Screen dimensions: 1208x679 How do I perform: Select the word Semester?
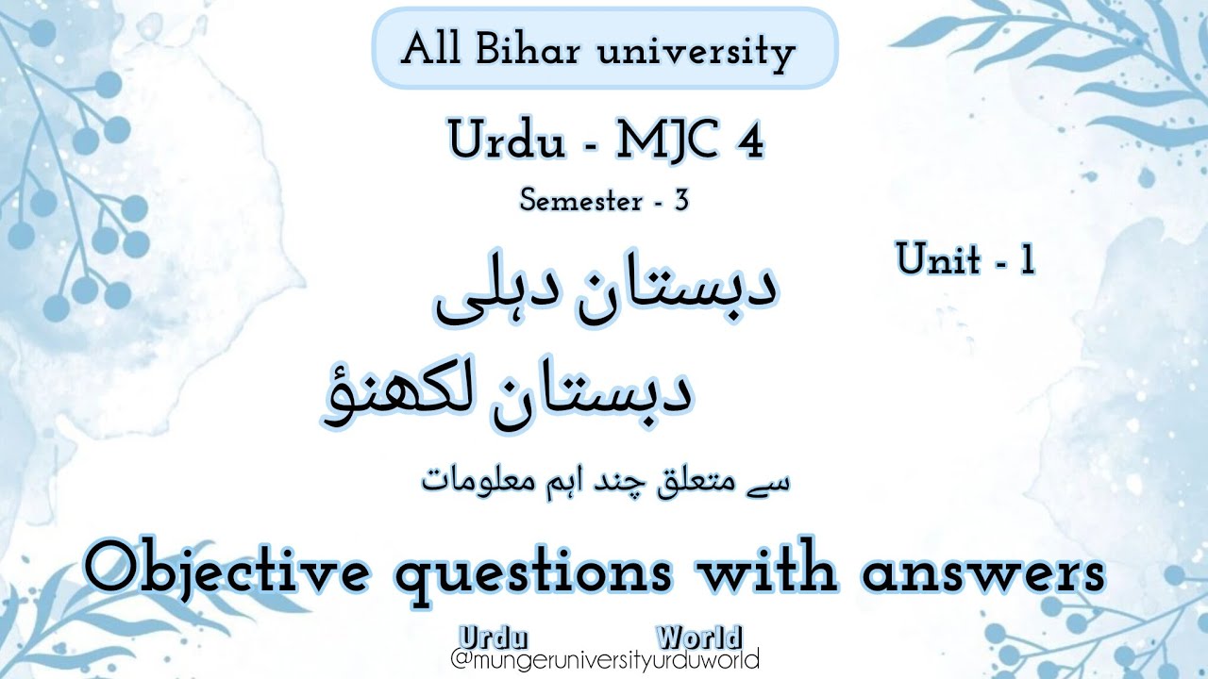tap(580, 201)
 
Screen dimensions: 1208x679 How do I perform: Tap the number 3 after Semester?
tap(681, 201)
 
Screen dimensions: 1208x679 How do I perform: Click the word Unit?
tap(938, 258)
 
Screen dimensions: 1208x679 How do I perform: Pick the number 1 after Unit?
tap(1028, 258)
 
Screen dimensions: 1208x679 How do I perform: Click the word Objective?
tap(226, 571)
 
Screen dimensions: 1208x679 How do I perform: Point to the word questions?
tap(534, 574)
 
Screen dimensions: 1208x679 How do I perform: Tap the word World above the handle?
tap(699, 638)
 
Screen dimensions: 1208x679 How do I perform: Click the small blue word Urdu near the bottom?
tap(493, 638)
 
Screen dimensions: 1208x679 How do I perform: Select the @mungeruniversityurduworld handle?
tap(605, 659)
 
